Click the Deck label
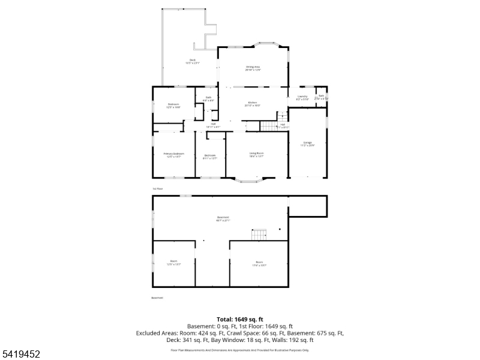click(x=192, y=61)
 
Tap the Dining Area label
click(x=253, y=68)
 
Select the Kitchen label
click(x=252, y=104)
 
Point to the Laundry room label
click(x=302, y=97)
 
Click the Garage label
click(x=307, y=143)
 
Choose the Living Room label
click(x=257, y=155)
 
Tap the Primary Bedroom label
click(x=174, y=155)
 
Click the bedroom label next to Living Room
click(x=209, y=157)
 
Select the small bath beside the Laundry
click(x=322, y=97)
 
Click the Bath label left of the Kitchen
click(x=208, y=98)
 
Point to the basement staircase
click(x=259, y=235)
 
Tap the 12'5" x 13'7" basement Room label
click(x=173, y=262)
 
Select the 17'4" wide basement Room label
click(x=259, y=263)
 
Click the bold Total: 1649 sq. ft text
click(x=240, y=319)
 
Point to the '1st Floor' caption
click(x=157, y=188)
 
